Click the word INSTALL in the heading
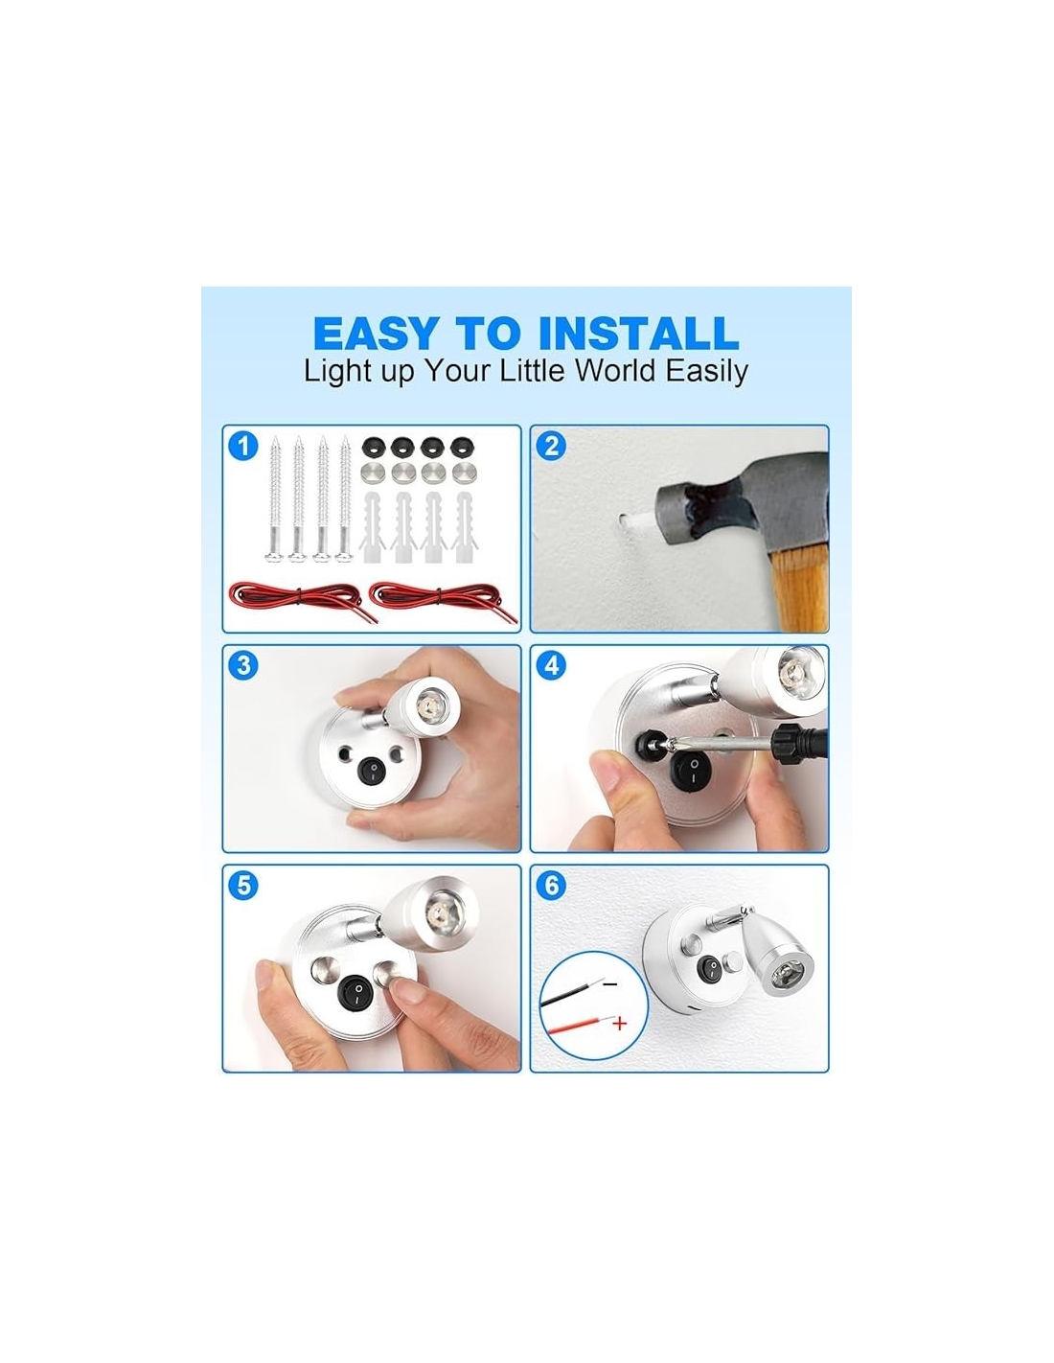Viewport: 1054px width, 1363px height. click(638, 333)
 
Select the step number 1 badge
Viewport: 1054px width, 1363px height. click(243, 446)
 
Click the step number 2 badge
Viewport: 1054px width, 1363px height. click(551, 446)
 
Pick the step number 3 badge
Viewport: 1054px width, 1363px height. click(243, 665)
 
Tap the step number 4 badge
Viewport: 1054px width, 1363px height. click(551, 665)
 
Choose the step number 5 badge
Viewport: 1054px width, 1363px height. click(243, 886)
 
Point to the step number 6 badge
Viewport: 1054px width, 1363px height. click(551, 886)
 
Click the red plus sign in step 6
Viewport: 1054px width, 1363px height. click(620, 1023)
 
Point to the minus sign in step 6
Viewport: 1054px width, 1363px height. click(610, 984)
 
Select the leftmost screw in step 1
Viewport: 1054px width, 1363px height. click(276, 497)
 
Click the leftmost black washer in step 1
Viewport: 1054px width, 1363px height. click(373, 448)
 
